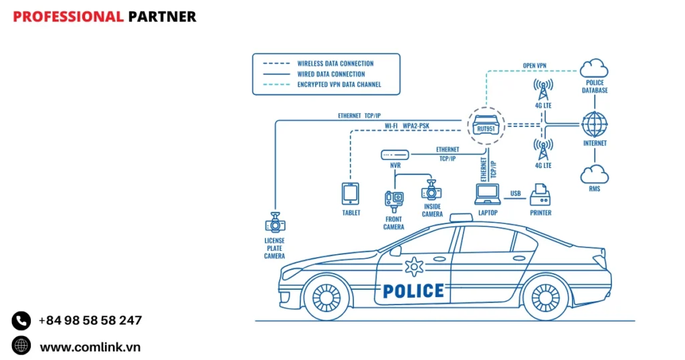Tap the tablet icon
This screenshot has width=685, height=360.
[351, 194]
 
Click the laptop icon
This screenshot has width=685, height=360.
[487, 194]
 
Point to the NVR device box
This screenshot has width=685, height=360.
[394, 155]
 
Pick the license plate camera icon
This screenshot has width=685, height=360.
[274, 222]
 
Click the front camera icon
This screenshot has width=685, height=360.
[394, 199]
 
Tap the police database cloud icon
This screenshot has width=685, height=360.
[594, 68]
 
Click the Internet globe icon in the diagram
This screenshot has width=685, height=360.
[594, 124]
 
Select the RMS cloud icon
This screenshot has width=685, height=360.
[594, 174]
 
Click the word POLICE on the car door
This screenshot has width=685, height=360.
[413, 290]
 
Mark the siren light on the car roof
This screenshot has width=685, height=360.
[460, 217]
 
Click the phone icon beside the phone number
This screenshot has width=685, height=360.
[21, 321]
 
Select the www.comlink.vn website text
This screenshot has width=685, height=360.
[90, 347]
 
